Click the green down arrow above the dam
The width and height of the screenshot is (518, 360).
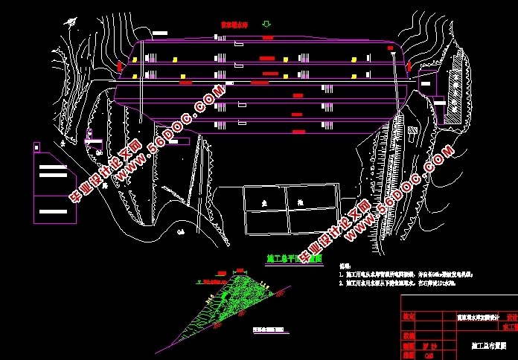(266, 25)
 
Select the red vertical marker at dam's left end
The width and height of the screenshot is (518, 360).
(119, 67)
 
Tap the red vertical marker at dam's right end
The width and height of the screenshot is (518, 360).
(408, 68)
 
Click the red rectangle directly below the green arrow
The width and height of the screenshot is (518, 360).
(267, 37)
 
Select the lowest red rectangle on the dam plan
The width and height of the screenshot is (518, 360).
(298, 132)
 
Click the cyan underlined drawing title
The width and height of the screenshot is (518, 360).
(294, 259)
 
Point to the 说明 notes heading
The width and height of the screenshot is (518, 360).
(345, 266)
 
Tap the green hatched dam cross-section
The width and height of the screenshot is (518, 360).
(246, 298)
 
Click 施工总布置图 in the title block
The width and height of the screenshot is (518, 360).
(490, 345)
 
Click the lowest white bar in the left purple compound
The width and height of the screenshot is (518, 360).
(51, 212)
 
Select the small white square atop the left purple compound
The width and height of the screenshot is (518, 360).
(36, 148)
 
